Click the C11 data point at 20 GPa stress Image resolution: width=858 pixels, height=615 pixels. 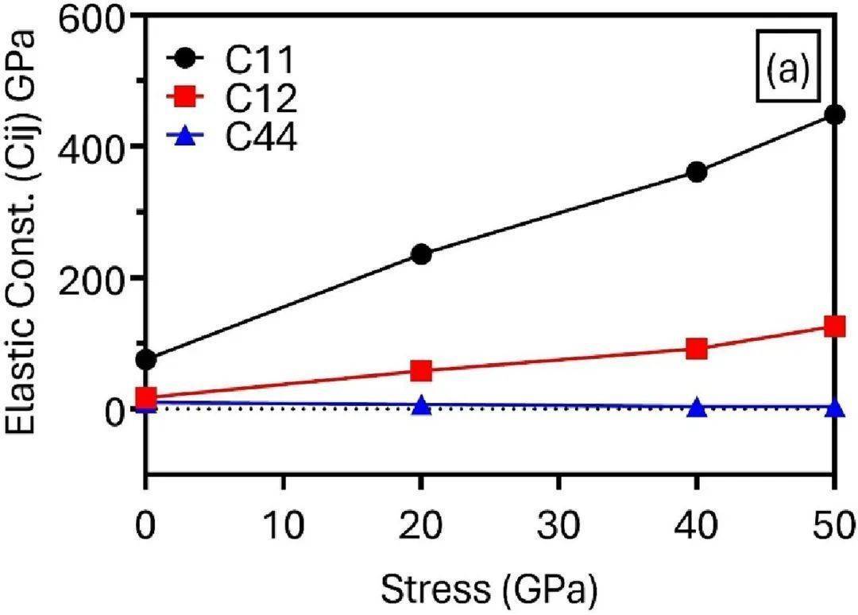pos(422,255)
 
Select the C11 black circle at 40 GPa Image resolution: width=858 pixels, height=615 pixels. pos(697,172)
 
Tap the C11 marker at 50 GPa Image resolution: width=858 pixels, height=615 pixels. pos(834,115)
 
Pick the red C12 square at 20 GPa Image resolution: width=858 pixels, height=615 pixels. pos(422,370)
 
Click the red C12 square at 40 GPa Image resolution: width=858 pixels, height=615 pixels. pos(697,349)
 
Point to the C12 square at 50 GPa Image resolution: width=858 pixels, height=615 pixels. pos(834,327)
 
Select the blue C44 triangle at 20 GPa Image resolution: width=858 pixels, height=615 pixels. pos(422,406)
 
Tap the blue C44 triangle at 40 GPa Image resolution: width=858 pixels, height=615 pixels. pos(697,408)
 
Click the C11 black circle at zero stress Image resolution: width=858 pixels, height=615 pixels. pos(146,360)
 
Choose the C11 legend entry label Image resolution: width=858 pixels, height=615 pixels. pos(258,59)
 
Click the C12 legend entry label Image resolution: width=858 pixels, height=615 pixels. pos(258,99)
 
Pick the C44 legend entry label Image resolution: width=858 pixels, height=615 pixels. pos(258,140)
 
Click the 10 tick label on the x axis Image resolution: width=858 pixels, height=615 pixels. pos(284,524)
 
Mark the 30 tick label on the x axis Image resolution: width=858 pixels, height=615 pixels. pos(559,524)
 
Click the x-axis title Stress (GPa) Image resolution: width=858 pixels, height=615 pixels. pos(489,588)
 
